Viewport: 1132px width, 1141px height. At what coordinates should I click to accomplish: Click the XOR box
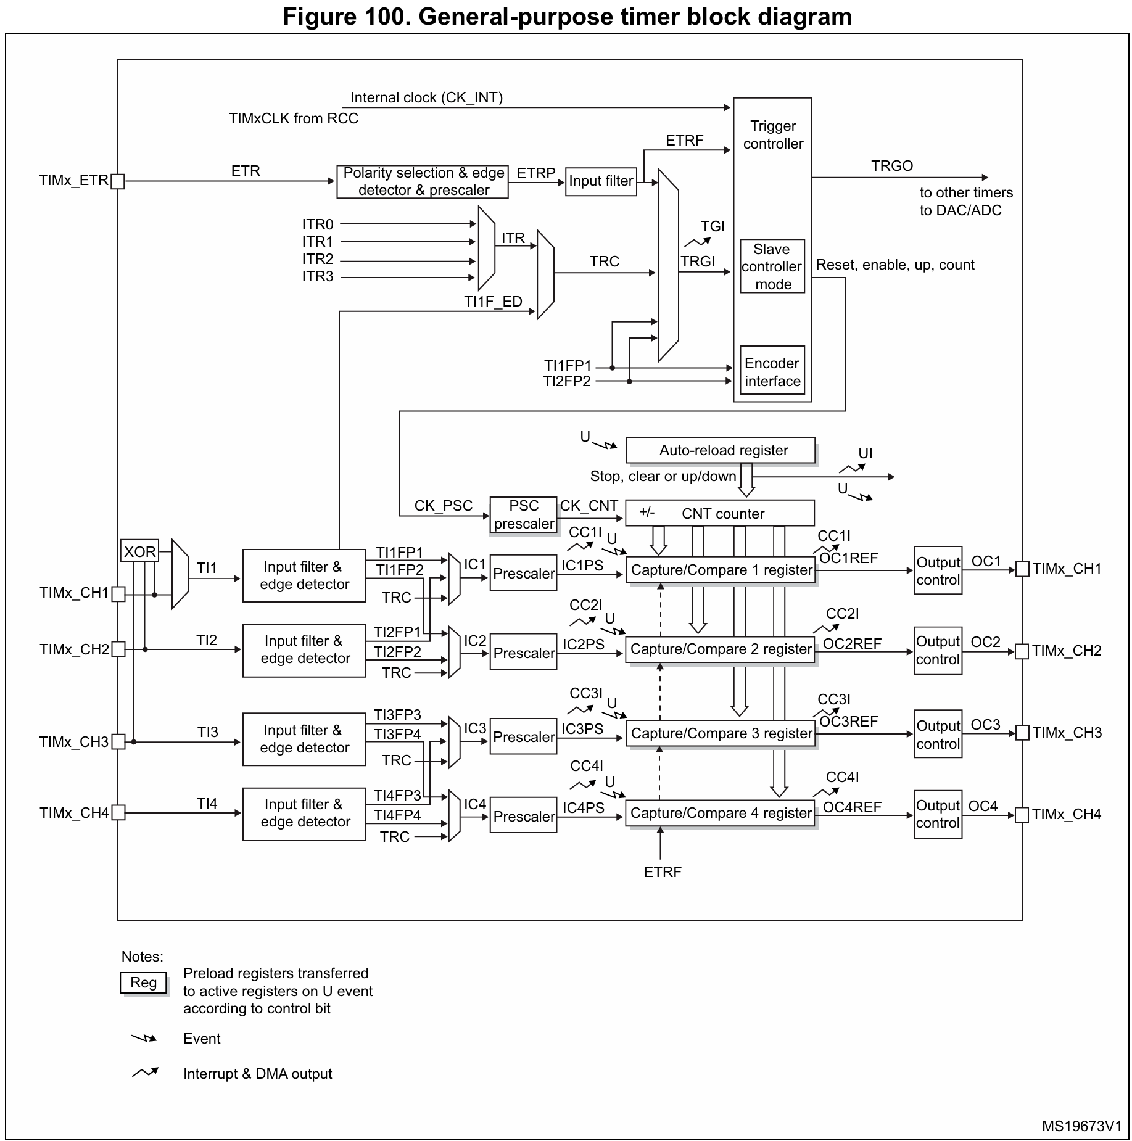click(139, 551)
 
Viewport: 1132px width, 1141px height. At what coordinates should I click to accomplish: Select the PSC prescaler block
click(524, 515)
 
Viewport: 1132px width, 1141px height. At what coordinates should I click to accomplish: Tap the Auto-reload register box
click(720, 450)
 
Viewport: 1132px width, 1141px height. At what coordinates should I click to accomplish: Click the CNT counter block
click(720, 513)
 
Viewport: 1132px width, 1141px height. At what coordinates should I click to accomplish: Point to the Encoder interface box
click(772, 372)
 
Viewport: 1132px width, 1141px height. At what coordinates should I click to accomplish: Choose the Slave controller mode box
click(772, 266)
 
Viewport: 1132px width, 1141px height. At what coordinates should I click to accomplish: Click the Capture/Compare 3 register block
click(721, 733)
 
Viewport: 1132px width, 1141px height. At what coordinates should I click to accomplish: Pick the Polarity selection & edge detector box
click(423, 181)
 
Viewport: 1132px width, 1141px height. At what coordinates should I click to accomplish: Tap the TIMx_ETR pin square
click(117, 181)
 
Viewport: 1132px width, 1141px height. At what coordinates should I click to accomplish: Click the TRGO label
click(891, 166)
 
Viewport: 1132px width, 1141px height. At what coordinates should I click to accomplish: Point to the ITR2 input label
click(318, 259)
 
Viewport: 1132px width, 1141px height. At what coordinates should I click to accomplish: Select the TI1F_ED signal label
click(493, 302)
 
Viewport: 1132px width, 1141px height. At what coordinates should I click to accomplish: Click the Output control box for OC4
click(938, 814)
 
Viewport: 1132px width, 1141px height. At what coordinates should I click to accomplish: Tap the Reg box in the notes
click(143, 983)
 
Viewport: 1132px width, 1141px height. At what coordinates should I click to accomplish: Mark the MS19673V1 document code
click(1081, 1126)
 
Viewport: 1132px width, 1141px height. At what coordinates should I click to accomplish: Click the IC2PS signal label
click(583, 645)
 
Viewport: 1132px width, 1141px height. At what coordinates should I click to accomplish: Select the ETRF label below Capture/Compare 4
click(663, 872)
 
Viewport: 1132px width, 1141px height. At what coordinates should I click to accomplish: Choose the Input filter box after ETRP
click(601, 181)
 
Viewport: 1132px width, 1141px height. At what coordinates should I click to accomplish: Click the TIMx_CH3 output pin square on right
click(1022, 733)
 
